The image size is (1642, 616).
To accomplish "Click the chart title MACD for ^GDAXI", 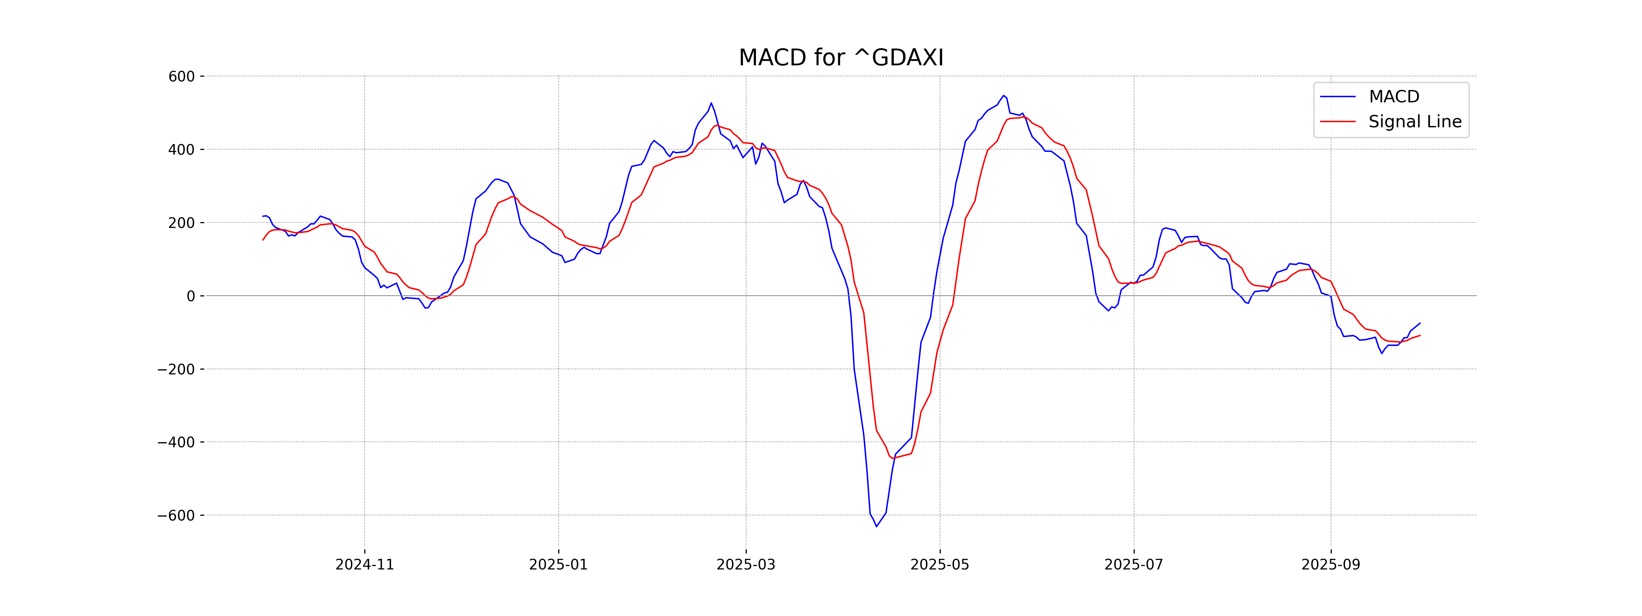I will [841, 58].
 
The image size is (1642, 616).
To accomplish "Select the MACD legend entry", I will [1393, 97].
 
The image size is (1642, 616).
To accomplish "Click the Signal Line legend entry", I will [1415, 122].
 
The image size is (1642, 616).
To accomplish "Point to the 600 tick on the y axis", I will [182, 77].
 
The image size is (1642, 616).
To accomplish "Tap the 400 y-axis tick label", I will [182, 150].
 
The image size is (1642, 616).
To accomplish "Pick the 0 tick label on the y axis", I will [191, 296].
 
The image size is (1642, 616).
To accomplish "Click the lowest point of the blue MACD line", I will [876, 526].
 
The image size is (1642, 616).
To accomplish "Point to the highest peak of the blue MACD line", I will [1003, 96].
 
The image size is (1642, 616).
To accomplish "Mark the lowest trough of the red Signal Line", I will [892, 458].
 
